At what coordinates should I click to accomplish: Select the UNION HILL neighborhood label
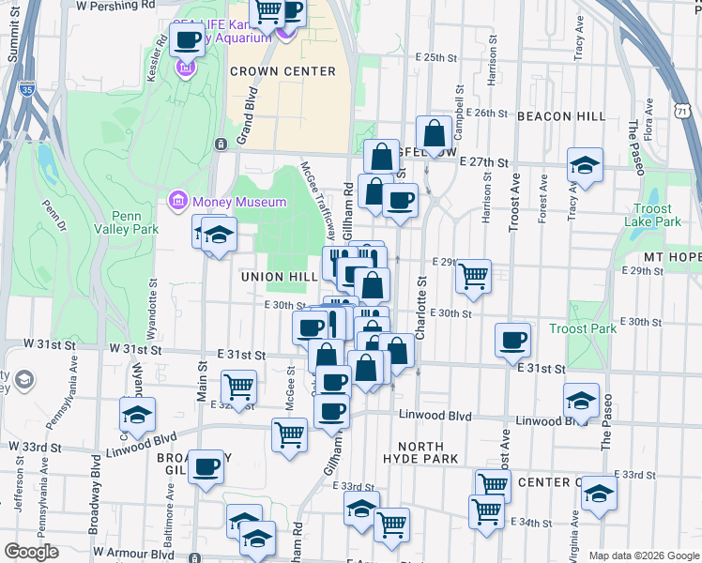[x=279, y=277]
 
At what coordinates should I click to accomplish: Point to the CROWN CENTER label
[x=282, y=71]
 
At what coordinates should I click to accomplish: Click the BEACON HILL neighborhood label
[x=561, y=115]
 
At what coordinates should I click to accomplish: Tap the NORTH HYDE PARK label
[x=420, y=451]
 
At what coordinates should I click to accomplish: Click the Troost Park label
[x=583, y=329]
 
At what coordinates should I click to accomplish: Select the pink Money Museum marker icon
[x=176, y=201]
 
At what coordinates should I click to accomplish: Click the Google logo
[x=30, y=552]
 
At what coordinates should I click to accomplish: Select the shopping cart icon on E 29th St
[x=474, y=276]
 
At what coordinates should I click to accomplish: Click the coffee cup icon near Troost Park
[x=512, y=340]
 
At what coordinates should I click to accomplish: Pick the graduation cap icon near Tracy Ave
[x=585, y=166]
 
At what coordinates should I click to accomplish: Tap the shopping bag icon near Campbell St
[x=435, y=133]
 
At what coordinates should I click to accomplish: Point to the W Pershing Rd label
[x=115, y=5]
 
